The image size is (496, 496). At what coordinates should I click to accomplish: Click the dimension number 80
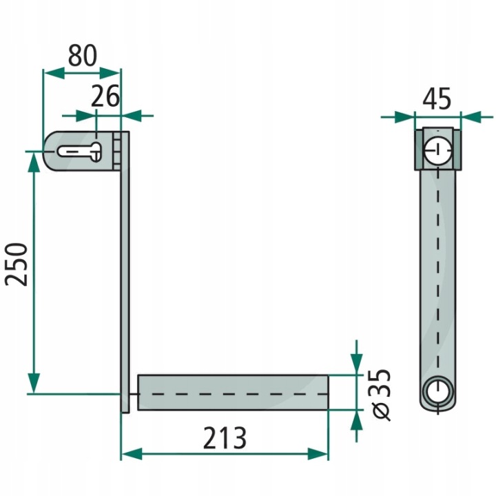coord(82,56)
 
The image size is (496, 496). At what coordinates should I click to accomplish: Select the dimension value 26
coord(105,96)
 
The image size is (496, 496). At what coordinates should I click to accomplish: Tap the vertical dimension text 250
coord(16,265)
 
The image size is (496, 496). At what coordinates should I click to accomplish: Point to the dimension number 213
coord(225,438)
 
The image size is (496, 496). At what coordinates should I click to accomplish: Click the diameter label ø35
coord(381,394)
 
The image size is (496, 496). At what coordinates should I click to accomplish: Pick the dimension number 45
coord(437,99)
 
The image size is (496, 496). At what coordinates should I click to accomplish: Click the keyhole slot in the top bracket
coord(80,152)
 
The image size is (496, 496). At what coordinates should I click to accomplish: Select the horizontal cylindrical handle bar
coord(233,393)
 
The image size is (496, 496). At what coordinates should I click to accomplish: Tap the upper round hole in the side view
coord(438,150)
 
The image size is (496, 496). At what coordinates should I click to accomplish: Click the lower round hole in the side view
coord(438,392)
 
